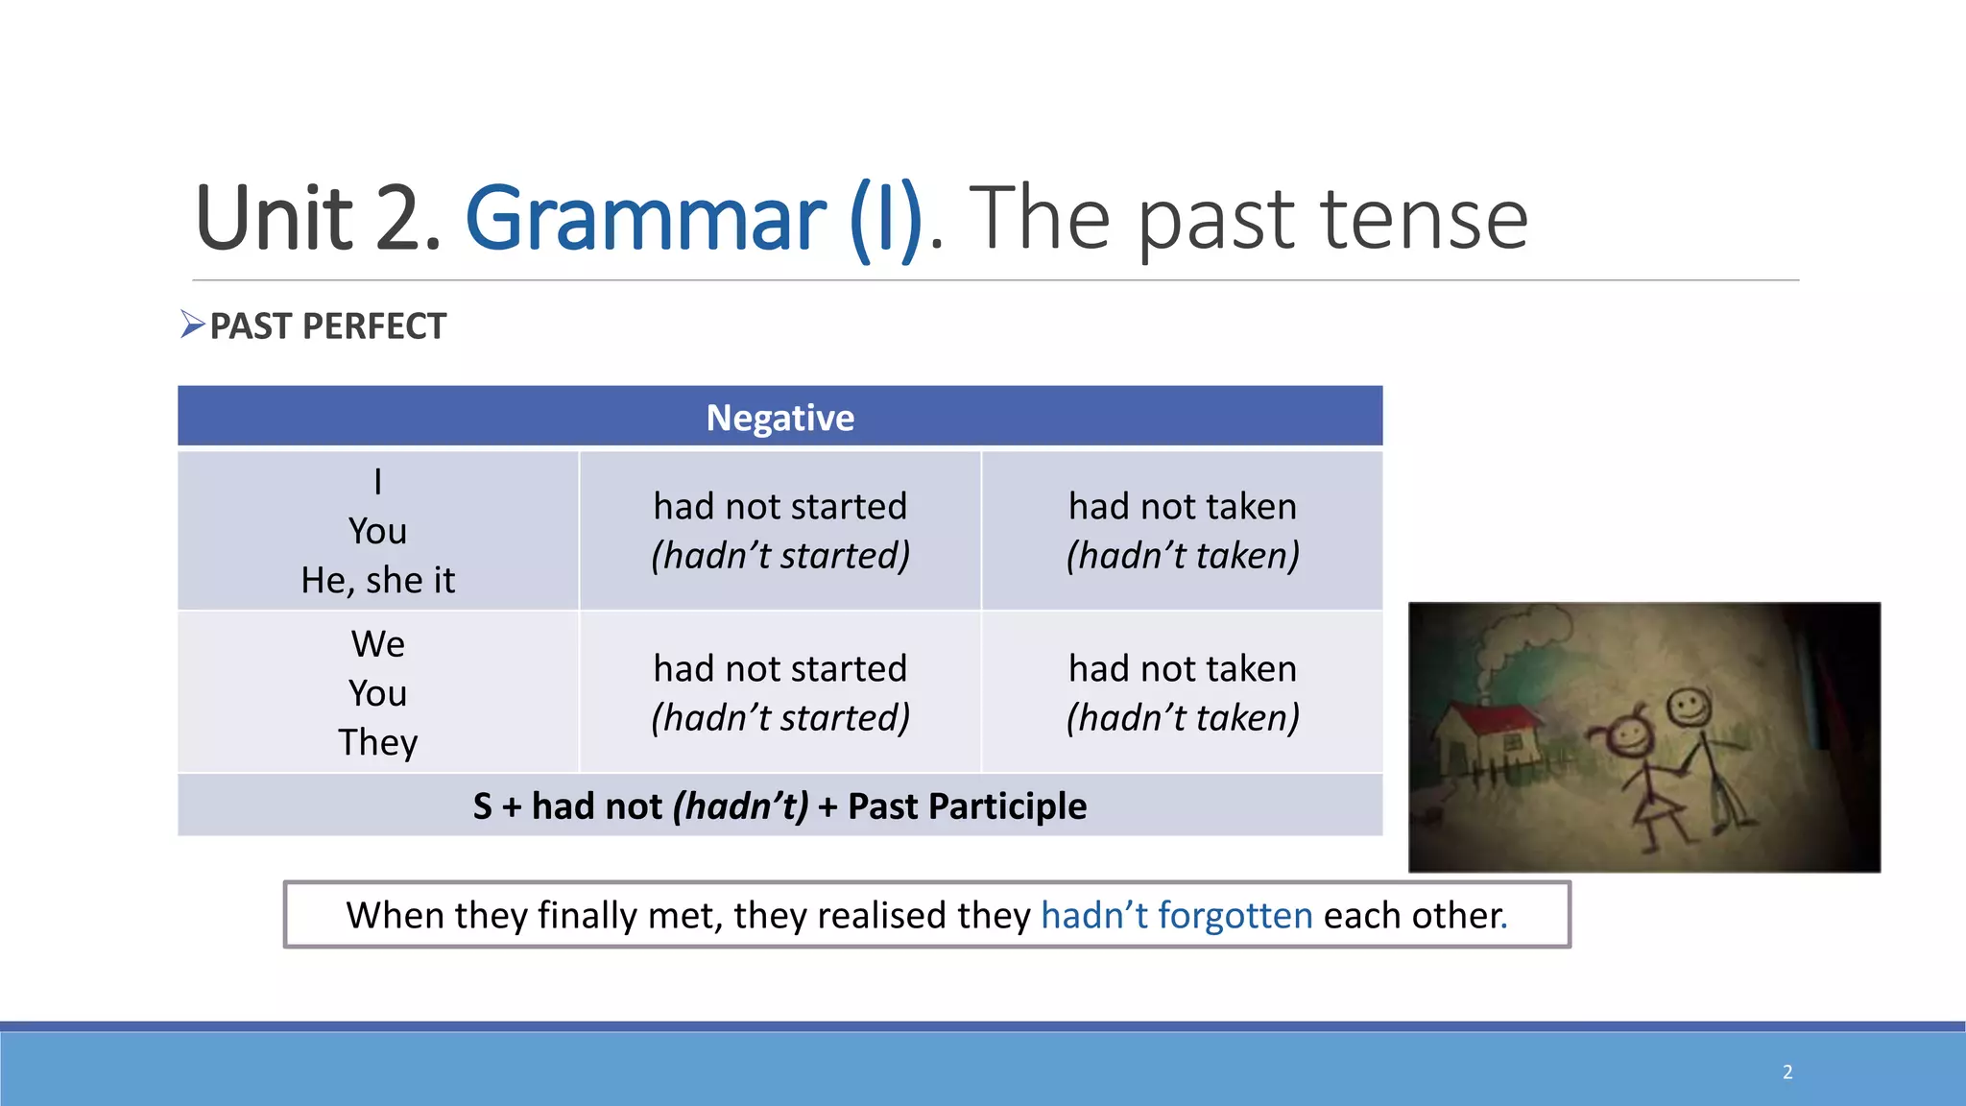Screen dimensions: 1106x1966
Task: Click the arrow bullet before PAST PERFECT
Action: (x=192, y=325)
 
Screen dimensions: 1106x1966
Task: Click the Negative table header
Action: (x=779, y=418)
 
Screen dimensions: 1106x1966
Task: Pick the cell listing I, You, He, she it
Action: (x=377, y=531)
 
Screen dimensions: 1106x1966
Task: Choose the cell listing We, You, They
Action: (x=377, y=692)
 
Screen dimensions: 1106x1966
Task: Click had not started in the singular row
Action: (x=779, y=506)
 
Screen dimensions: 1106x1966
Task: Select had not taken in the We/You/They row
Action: (x=1182, y=668)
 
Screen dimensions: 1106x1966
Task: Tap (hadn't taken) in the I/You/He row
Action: (x=1182, y=556)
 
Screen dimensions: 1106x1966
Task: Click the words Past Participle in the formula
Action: (x=967, y=806)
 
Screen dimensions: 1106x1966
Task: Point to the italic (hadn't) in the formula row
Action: (x=740, y=806)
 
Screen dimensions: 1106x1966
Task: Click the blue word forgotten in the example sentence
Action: (x=1235, y=915)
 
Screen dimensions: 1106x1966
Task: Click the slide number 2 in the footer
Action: (x=1787, y=1071)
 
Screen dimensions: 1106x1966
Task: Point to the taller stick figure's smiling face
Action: (x=1689, y=709)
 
